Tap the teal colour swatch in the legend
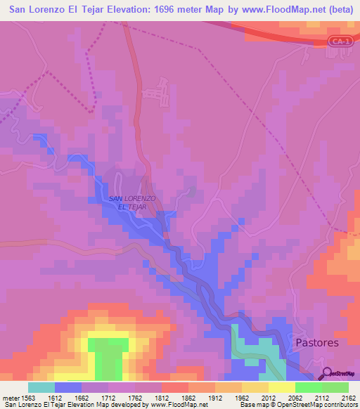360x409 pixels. (41, 387)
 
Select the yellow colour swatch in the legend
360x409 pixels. (281, 387)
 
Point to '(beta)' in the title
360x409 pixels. (337, 10)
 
